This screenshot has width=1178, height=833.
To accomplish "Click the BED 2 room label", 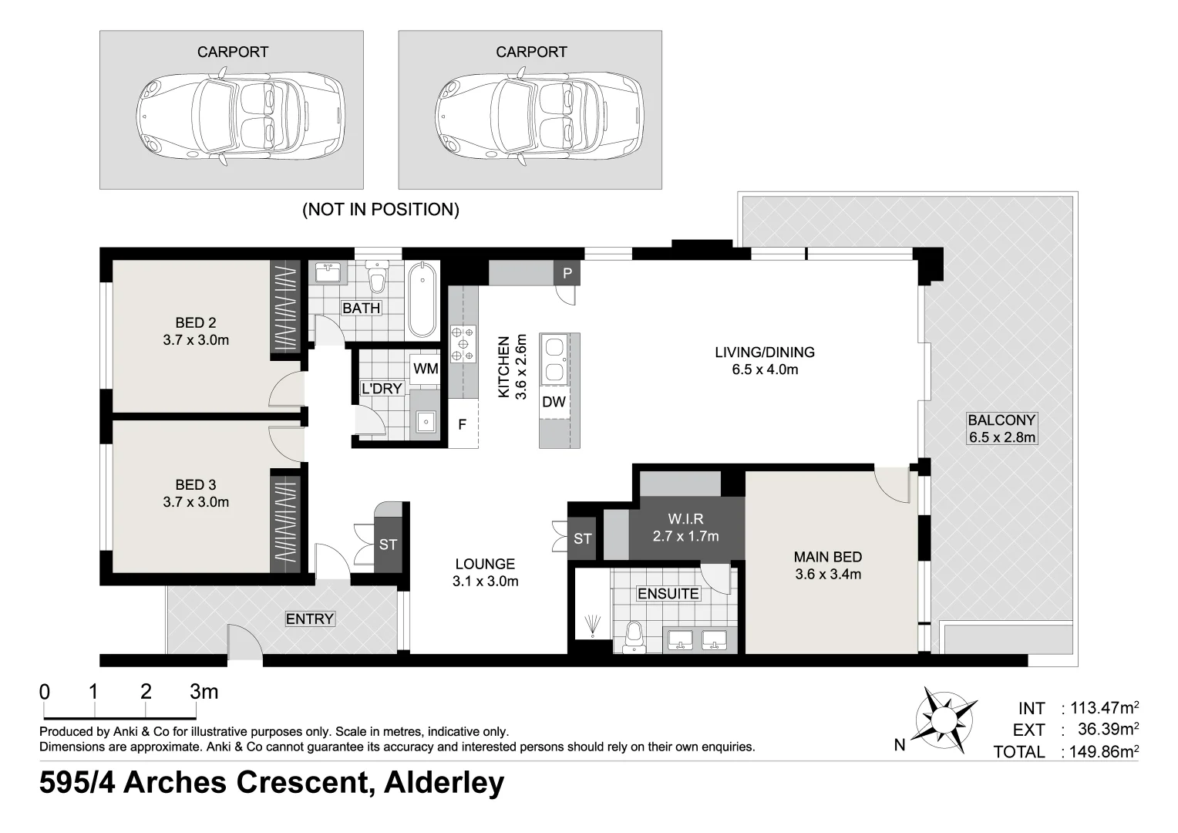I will click(x=195, y=323).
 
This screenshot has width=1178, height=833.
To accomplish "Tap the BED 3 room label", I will click(x=195, y=485).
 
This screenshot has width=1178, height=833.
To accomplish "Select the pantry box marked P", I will click(x=567, y=273).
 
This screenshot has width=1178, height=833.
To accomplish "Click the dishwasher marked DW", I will click(x=554, y=402).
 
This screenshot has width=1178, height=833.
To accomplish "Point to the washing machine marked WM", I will click(x=425, y=369).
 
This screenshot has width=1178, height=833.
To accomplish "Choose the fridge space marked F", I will click(x=463, y=424).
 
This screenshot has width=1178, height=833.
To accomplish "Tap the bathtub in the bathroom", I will click(x=422, y=301).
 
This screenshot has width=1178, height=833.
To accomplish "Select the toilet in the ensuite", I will click(x=634, y=638).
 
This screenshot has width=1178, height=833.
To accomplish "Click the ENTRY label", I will click(x=309, y=619).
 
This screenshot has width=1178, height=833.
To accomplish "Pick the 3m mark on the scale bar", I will click(x=204, y=692).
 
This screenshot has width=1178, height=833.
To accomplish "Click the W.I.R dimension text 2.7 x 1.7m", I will click(x=685, y=536).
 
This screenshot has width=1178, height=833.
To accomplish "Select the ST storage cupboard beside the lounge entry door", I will click(x=388, y=545).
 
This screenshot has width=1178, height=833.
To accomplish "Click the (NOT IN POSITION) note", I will click(x=381, y=210).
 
